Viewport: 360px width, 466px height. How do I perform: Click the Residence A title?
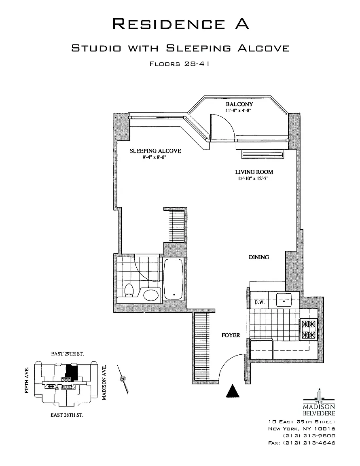(180, 24)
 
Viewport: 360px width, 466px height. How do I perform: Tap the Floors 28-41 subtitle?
(180, 64)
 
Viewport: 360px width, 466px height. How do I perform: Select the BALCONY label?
(239, 104)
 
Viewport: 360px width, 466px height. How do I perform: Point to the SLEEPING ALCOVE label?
(155, 151)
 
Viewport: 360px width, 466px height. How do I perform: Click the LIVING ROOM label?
(254, 172)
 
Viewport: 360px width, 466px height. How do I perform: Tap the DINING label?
(259, 257)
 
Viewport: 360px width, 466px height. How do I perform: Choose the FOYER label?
(231, 335)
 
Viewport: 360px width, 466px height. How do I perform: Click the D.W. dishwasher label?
(260, 303)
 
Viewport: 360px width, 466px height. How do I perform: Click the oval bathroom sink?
(151, 295)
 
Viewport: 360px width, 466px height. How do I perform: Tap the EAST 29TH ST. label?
(68, 354)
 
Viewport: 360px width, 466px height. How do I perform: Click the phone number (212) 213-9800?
(309, 436)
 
